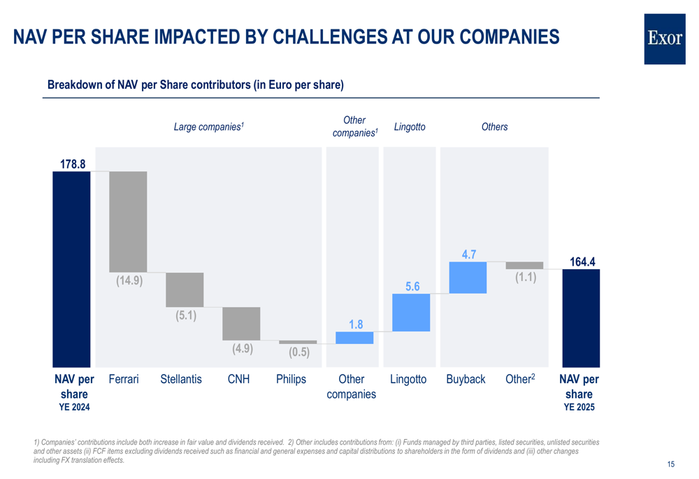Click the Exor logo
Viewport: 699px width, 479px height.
[665, 39]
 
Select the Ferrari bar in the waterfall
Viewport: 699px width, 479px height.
[128, 221]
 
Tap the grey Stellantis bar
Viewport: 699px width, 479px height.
[185, 289]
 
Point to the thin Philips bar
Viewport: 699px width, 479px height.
[298, 342]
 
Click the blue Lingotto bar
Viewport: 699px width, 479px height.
[411, 312]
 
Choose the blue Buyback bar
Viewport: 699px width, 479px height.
[468, 277]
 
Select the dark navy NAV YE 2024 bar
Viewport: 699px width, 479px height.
[71, 269]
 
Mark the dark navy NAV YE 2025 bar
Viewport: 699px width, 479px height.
[581, 317]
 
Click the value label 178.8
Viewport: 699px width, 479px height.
[71, 164]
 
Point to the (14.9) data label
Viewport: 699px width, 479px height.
[129, 281]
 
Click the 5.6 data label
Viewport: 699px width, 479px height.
[412, 287]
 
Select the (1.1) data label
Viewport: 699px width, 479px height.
[525, 277]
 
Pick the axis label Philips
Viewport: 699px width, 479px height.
[291, 379]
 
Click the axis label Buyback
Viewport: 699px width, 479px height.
[466, 379]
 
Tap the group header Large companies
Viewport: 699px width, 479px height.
[208, 127]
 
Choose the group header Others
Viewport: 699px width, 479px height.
[494, 127]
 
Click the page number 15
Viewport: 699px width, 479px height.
[671, 464]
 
